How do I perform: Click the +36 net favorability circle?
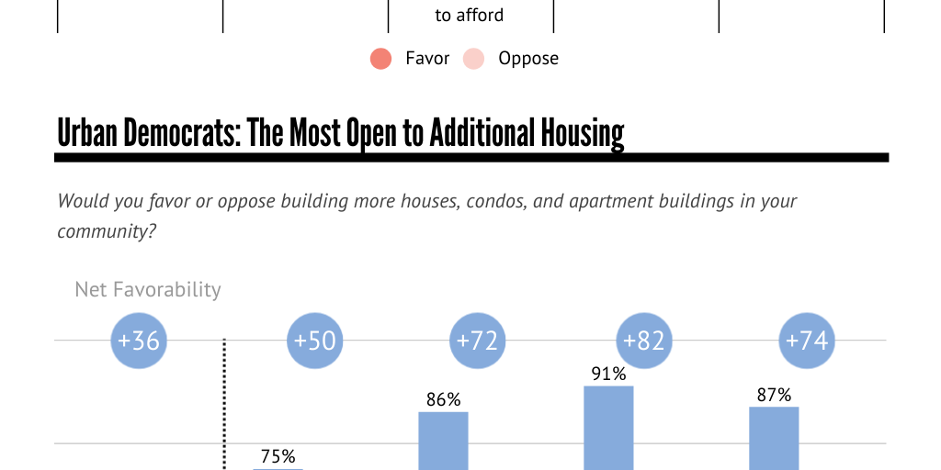tap(138, 341)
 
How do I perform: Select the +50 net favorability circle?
tap(314, 341)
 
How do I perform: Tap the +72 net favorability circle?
tap(477, 341)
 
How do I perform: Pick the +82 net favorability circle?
tap(643, 341)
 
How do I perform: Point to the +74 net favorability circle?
tap(806, 341)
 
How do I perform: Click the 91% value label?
tap(608, 374)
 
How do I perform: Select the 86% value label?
tap(443, 399)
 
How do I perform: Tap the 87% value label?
tap(774, 395)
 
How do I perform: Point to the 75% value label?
tap(278, 456)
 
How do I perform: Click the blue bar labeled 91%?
tap(608, 428)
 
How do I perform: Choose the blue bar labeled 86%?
tap(443, 441)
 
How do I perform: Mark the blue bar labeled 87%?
tap(774, 438)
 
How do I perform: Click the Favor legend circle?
tap(381, 59)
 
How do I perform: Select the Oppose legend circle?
tap(473, 59)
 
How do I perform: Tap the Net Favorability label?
tap(148, 290)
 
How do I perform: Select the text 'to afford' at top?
tap(470, 16)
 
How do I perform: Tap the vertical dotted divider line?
tap(225, 404)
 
